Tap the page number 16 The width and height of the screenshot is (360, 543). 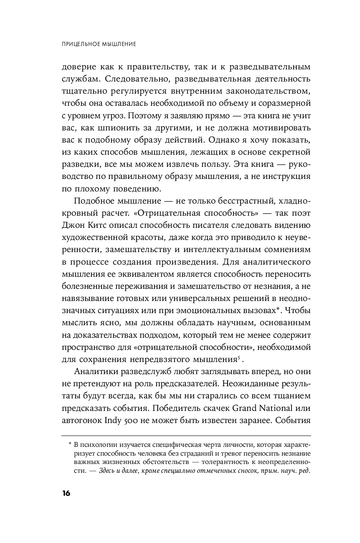pos(66,493)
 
